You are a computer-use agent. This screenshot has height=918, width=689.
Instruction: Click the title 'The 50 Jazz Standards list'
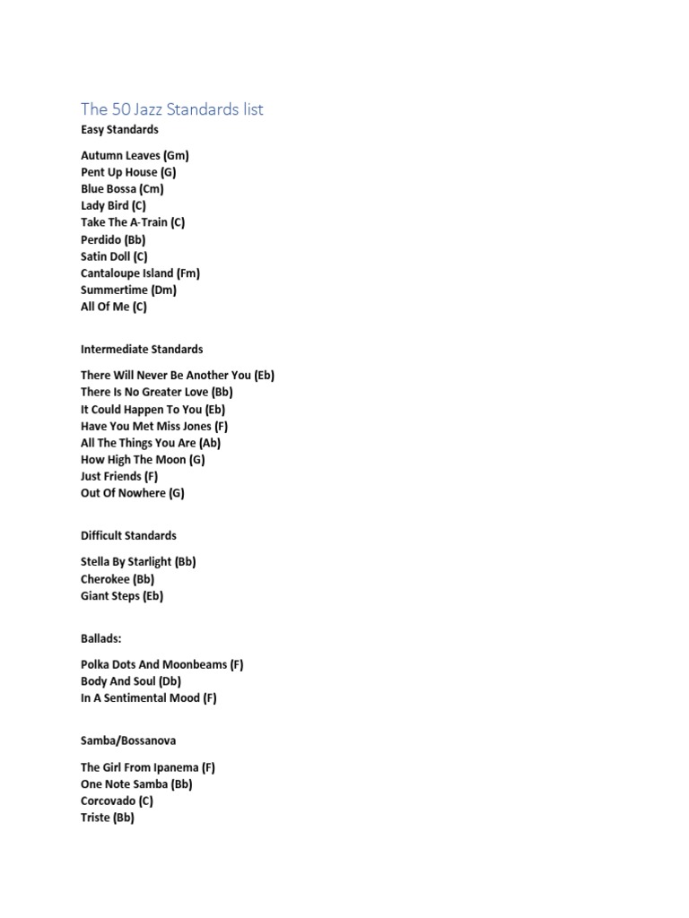tap(172, 109)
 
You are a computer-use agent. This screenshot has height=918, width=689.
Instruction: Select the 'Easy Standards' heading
tap(119, 130)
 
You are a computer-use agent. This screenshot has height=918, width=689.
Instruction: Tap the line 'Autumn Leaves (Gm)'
tap(135, 155)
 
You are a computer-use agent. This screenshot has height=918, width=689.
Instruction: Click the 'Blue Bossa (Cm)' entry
tap(122, 189)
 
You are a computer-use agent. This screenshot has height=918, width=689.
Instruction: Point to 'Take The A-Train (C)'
tap(133, 222)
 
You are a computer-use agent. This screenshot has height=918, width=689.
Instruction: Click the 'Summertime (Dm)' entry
tap(128, 290)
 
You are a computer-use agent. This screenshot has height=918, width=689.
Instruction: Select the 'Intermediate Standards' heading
tap(142, 350)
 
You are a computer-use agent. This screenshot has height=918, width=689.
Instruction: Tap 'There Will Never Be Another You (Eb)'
tap(178, 376)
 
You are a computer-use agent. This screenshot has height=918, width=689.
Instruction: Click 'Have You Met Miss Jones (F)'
tap(154, 427)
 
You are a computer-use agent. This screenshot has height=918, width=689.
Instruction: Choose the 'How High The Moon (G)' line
tap(143, 460)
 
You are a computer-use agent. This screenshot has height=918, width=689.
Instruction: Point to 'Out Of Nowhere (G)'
tap(133, 493)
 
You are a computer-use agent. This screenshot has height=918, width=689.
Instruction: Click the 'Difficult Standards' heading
tap(128, 536)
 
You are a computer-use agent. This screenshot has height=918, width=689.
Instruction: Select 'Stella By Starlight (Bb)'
tap(138, 562)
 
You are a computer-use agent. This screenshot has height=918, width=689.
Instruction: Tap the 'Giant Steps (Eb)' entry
tap(122, 596)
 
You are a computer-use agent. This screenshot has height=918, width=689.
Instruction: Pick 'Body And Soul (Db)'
tap(131, 681)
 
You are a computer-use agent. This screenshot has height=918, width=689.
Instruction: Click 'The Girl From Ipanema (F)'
tap(148, 767)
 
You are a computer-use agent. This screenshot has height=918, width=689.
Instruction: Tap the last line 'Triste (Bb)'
tap(108, 818)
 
